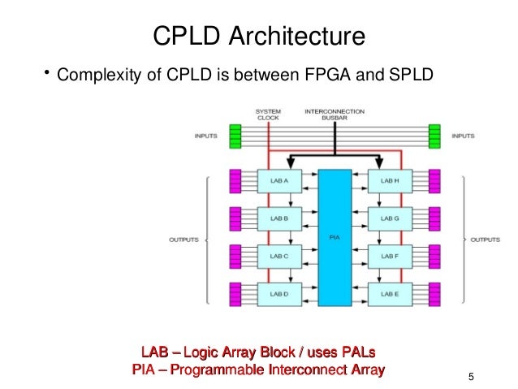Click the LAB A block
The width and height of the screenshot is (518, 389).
tap(274, 180)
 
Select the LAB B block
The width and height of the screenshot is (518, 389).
tap(274, 218)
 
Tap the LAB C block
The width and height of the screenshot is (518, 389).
tap(274, 255)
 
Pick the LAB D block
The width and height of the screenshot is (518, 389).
tap(274, 292)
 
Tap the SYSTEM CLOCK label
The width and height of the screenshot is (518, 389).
tap(268, 114)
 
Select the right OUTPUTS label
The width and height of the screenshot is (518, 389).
tap(486, 240)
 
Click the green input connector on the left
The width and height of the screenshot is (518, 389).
tap(236, 136)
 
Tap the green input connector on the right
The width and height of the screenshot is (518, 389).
tap(434, 136)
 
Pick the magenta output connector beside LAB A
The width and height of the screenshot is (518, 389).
tap(236, 180)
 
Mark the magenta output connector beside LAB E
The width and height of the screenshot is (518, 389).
tap(434, 292)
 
